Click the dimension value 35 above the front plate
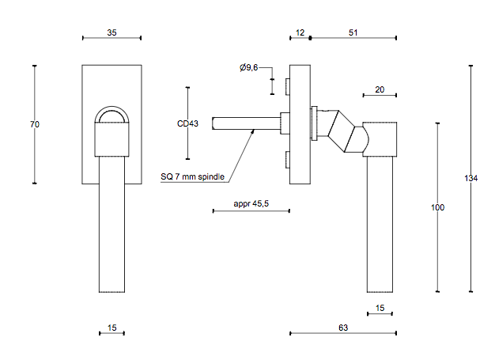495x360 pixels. pos(111,32)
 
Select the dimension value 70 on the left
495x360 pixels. pos(35,124)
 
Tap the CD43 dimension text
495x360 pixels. pos(187,123)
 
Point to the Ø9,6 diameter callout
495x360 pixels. pos(249,69)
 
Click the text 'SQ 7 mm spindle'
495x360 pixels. pos(192,176)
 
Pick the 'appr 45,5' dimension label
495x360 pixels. pos(251,203)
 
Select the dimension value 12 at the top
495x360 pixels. pos(300,32)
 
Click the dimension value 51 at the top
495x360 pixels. pos(353,32)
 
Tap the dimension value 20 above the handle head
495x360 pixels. pos(380,89)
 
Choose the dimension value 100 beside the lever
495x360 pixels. pos(437,207)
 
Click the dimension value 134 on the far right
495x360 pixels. pos(470,178)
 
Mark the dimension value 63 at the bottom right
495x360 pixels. pos(342,326)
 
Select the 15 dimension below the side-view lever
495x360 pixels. pos(380,308)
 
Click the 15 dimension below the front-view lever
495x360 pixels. pos(111,326)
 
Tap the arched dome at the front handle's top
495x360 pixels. pos(111,116)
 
